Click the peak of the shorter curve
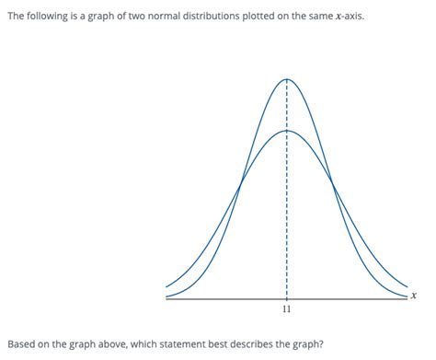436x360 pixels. click(x=287, y=130)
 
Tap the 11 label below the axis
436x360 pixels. click(x=287, y=311)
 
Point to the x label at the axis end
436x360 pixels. click(x=415, y=296)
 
